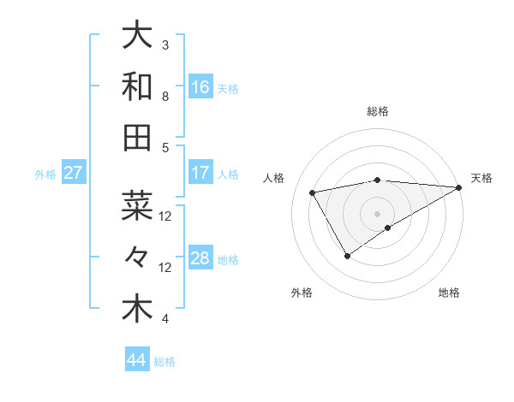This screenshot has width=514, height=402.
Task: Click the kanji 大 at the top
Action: coord(137,36)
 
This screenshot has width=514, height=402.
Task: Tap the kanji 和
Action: coord(137,86)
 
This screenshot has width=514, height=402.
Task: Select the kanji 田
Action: coord(137,136)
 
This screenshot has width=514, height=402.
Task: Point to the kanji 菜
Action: coord(137,206)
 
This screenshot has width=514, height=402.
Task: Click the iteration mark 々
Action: coord(137,257)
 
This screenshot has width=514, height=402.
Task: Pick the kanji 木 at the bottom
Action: coord(137,308)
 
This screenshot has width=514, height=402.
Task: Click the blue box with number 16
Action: coord(200,86)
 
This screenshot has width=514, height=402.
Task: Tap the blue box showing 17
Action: coord(200,173)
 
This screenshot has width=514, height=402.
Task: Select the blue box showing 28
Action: coord(200,258)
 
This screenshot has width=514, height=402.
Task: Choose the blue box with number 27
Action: coord(74,173)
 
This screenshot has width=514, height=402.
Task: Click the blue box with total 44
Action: coord(137,360)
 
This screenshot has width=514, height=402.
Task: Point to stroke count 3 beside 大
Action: coord(165,44)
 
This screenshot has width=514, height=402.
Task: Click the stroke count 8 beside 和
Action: coord(165,96)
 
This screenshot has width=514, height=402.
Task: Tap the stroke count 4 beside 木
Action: coord(165,319)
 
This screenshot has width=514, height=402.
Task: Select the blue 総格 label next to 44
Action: coord(164,362)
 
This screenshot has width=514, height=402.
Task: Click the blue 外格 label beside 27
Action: coord(45,174)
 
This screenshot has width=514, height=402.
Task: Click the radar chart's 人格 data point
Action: coord(313,193)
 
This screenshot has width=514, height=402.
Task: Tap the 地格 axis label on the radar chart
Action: coord(449,293)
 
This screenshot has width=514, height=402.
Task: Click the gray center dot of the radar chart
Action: coord(377,212)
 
